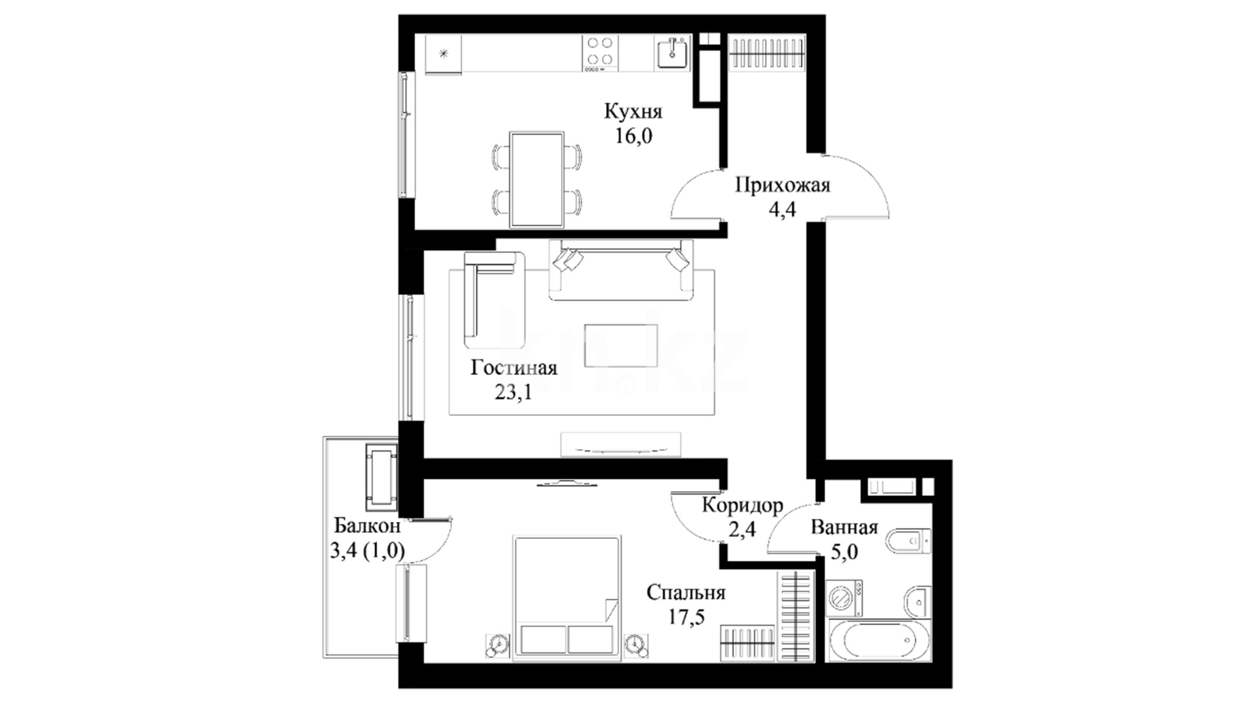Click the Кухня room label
[x=633, y=111]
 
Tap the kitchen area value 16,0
[x=633, y=136]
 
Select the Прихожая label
[x=783, y=186]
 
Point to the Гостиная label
[x=514, y=368]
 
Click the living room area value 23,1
[x=514, y=393]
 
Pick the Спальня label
[x=686, y=593]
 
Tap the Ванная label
[x=844, y=527]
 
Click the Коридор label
[x=742, y=506]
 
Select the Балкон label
[x=367, y=526]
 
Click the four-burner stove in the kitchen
[x=600, y=51]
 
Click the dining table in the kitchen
[x=537, y=180]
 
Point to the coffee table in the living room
[x=620, y=346]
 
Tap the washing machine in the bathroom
[x=844, y=598]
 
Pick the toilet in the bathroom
[x=910, y=541]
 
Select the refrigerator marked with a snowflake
[x=443, y=54]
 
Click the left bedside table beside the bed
[x=499, y=646]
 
